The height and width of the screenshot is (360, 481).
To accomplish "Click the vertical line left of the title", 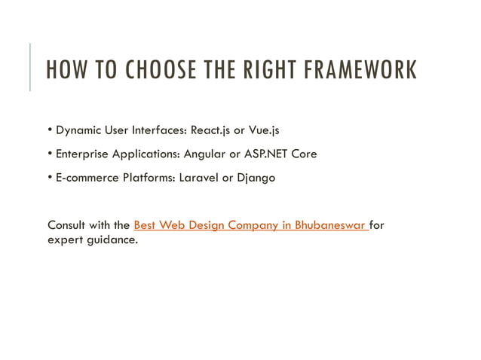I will pos(30,67).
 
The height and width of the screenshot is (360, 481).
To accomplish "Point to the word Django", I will pos(256,178).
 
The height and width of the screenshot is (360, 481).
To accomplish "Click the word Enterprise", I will pos(82,154).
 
